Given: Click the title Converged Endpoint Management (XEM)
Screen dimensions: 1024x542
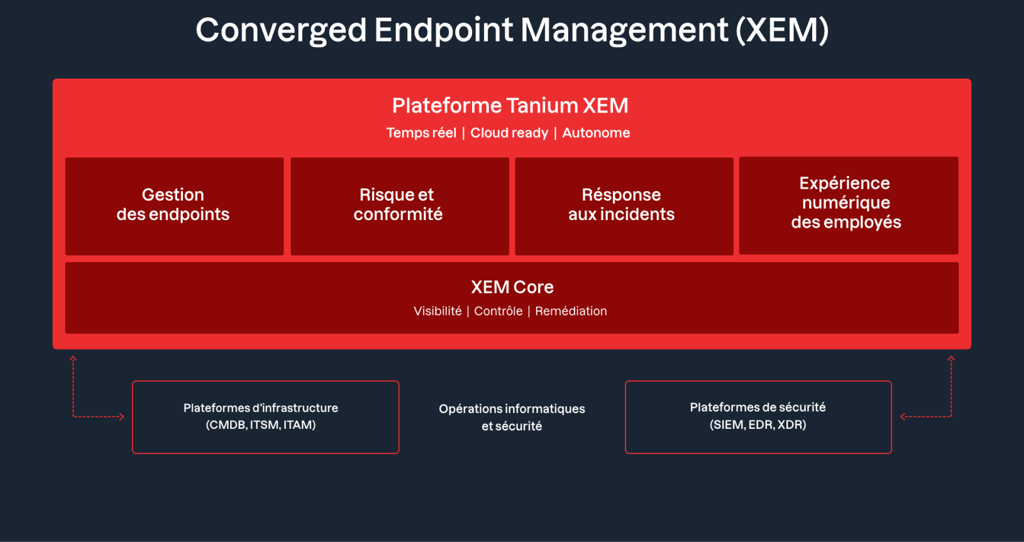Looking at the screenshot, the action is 512,30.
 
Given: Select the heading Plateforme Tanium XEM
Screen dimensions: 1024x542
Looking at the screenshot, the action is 510,106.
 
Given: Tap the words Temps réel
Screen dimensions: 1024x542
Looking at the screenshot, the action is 421,133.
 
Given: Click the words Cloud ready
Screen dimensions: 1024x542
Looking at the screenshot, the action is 509,133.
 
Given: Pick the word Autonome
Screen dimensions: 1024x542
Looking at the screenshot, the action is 596,133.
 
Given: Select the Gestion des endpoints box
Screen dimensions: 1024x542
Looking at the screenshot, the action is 174,206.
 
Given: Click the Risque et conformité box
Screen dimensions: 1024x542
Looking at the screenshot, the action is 400,206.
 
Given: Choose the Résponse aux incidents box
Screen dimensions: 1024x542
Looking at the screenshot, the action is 624,206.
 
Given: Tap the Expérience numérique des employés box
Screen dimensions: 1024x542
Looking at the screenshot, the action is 849,206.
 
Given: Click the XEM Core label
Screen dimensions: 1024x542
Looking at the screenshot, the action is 512,287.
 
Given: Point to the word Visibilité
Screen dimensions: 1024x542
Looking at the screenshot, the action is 438,311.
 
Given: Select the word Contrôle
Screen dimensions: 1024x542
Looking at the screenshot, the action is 498,311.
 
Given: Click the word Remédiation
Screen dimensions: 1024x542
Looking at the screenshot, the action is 571,311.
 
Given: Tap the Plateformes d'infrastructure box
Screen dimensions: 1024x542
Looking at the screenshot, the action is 266,417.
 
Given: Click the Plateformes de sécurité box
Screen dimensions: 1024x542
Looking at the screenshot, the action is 758,417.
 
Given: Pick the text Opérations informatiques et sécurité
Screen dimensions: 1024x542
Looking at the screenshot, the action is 512,417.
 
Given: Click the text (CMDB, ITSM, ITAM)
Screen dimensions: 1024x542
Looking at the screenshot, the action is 261,425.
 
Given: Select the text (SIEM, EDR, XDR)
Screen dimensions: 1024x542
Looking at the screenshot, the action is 758,425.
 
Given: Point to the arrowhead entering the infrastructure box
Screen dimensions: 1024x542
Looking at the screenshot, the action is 121,417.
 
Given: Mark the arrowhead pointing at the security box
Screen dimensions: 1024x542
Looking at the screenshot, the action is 903,417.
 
